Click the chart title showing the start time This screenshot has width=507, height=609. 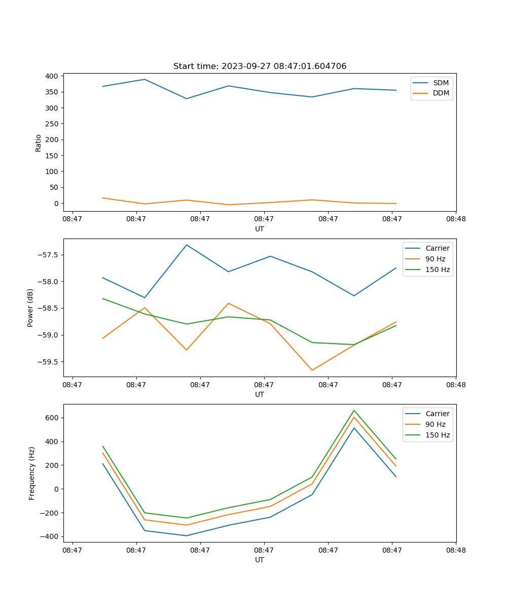point(260,66)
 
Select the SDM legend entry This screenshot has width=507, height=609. point(441,83)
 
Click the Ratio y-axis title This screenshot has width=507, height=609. point(39,143)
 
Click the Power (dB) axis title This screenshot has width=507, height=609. point(30,308)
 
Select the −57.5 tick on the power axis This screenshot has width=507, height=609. point(48,255)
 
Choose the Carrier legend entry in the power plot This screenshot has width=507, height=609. point(437,249)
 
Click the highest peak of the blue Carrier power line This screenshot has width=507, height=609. point(187,245)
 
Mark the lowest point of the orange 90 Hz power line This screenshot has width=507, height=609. point(312,370)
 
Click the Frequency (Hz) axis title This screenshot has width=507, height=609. point(32,473)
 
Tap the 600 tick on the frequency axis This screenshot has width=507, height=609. point(52,418)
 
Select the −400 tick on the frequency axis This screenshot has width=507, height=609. point(50,537)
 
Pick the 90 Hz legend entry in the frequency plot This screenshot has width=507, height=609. point(436,424)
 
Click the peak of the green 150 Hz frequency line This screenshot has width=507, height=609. point(354,410)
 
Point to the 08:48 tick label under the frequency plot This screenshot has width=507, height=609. point(456,550)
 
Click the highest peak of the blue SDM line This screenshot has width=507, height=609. point(144,79)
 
